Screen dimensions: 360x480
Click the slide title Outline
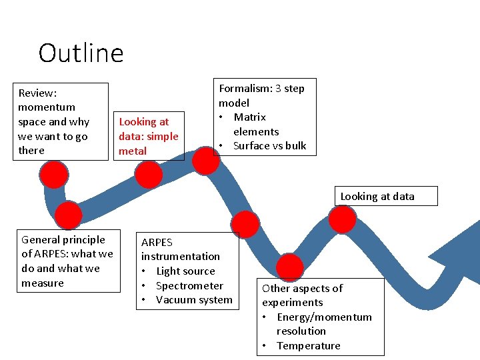point(81,53)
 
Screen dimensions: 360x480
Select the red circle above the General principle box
point(68,215)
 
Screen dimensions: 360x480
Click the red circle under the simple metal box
point(149,175)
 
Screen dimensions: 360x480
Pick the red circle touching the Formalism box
point(206,161)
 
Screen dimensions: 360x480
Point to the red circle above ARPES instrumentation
point(245,225)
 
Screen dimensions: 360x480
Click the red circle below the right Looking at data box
point(343,219)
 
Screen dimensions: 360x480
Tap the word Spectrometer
point(189,286)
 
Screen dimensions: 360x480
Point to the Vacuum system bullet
point(193,300)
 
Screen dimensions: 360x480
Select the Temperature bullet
point(308,346)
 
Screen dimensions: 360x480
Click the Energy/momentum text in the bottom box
point(324,317)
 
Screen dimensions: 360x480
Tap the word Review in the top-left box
point(37,93)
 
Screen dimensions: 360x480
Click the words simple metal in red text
point(149,144)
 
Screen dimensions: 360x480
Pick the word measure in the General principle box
point(43,283)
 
